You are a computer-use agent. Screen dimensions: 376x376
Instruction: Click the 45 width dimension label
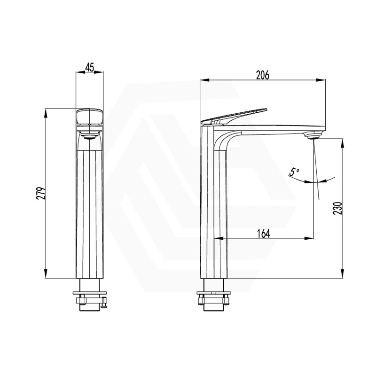89,67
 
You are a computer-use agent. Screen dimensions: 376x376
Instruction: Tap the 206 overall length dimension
262,75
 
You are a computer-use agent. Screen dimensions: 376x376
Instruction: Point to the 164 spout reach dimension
264,233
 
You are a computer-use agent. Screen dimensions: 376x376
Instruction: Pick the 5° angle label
294,172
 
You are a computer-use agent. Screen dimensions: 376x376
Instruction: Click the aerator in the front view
89,137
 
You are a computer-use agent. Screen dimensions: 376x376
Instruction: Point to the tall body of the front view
89,211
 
